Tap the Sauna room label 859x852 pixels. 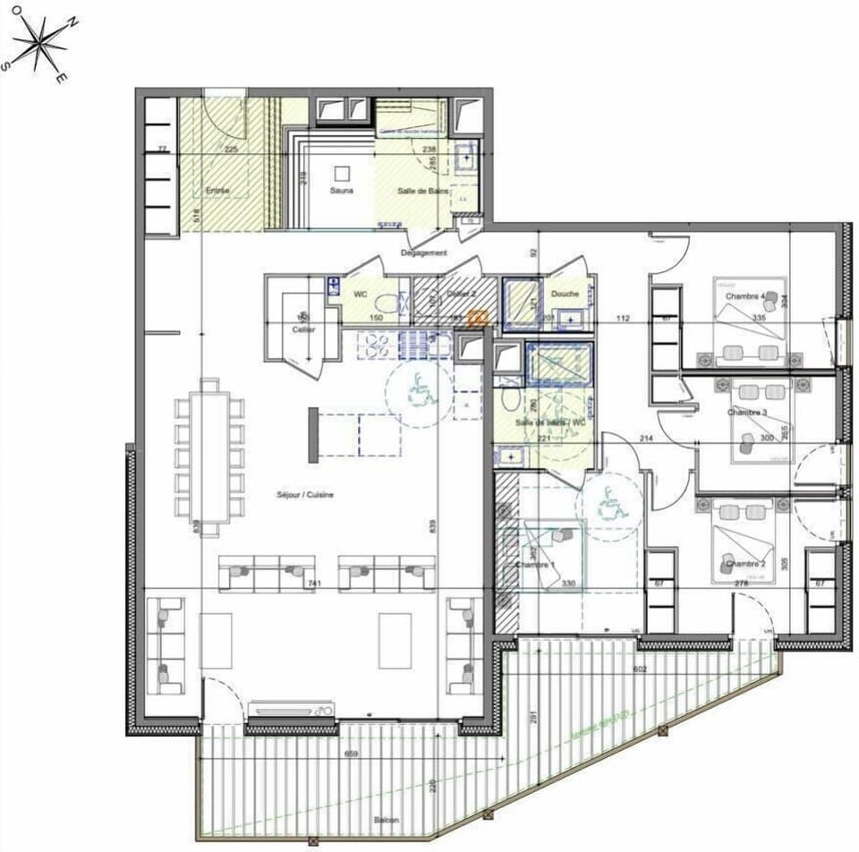341,191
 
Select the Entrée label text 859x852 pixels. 217,191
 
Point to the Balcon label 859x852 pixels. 387,820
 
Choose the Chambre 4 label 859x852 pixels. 745,296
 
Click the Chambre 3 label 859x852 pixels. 747,413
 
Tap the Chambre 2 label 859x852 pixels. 746,564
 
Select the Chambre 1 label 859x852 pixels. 536,565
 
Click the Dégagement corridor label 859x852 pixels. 424,253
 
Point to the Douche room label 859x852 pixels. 565,294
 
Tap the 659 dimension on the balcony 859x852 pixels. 353,754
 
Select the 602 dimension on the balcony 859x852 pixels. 638,668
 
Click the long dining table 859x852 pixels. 209,457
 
